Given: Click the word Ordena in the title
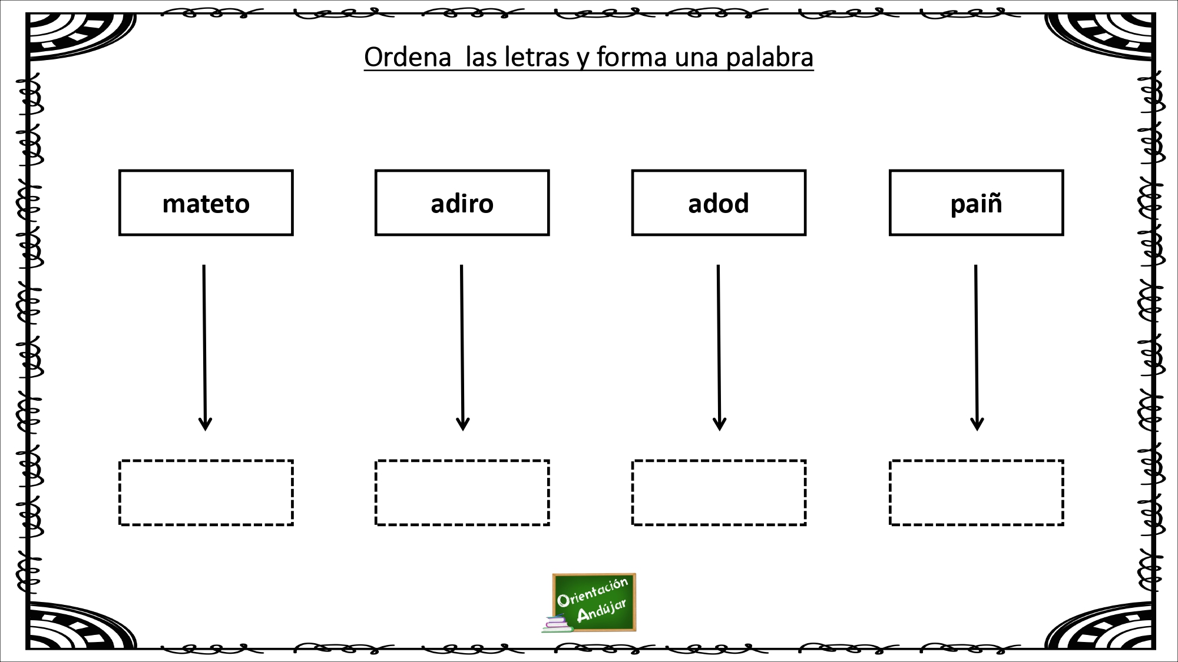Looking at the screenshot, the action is (x=408, y=57).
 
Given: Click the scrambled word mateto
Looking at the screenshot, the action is (x=206, y=204).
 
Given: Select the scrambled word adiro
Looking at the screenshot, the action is (x=462, y=204).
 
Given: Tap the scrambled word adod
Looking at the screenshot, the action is (x=719, y=204).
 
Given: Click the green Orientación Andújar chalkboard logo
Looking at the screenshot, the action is (x=594, y=602).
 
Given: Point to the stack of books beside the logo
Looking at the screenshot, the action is (x=557, y=624).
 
